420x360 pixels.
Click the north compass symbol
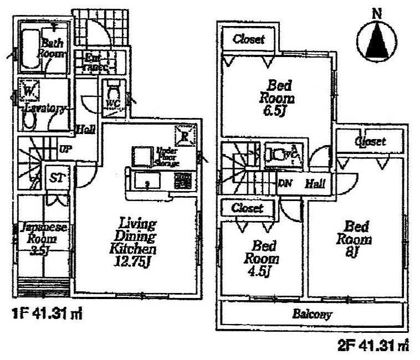click(376, 39)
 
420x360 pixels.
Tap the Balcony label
click(312, 315)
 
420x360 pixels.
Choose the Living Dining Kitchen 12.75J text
click(135, 243)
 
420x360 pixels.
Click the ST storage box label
click(57, 178)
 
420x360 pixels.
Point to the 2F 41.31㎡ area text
click(373, 347)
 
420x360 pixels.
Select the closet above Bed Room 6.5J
click(248, 39)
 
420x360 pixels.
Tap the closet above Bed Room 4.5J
click(247, 208)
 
